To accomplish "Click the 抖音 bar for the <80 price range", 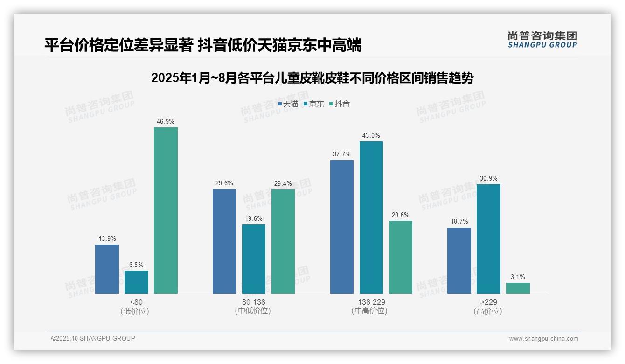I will (x=166, y=210).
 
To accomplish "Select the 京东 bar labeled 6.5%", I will (x=136, y=282).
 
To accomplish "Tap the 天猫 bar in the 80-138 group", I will (x=224, y=241).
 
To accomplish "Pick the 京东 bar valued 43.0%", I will (x=371, y=217).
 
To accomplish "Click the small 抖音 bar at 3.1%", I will (x=518, y=288).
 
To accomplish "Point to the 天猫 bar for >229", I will (x=459, y=261).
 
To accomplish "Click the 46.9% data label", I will (x=166, y=122).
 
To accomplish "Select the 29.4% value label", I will (x=283, y=183).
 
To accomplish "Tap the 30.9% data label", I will (x=488, y=179).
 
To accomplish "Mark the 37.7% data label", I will (x=342, y=154).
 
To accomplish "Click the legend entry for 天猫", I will (x=288, y=104).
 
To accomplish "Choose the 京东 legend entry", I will (x=313, y=104).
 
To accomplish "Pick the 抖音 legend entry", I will (x=340, y=104).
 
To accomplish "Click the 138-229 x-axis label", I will (x=371, y=302).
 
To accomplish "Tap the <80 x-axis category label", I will (x=136, y=302).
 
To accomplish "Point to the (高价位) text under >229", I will (x=488, y=311).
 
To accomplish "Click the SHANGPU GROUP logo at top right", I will (x=542, y=40).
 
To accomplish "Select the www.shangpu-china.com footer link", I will (x=543, y=339).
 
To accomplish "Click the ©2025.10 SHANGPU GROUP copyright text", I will (x=93, y=339).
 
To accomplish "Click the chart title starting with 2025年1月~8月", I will (x=312, y=78).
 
